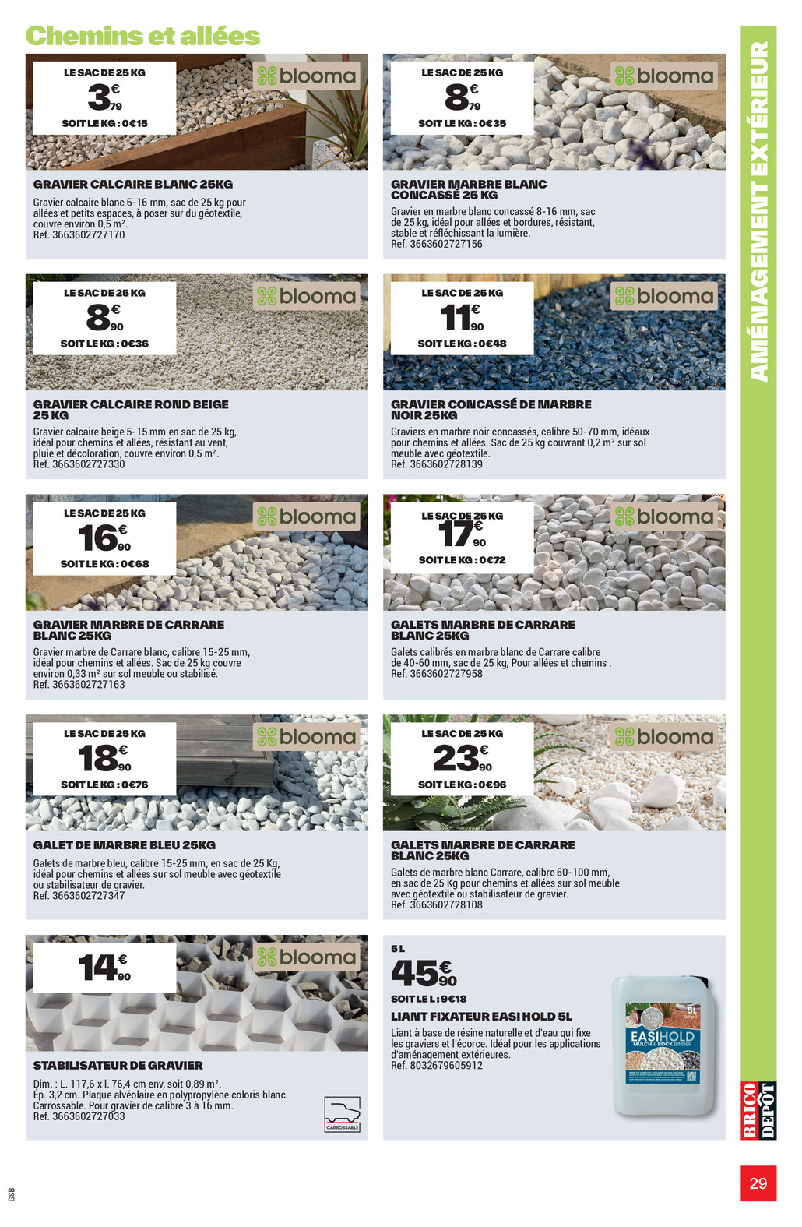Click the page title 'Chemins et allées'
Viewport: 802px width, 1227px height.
tap(142, 36)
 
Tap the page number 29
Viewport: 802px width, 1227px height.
tap(758, 1183)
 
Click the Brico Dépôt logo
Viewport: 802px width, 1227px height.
tap(758, 1110)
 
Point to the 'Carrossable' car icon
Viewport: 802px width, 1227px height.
tap(343, 1114)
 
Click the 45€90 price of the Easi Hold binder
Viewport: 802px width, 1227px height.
tap(424, 973)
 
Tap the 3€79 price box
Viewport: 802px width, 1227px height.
tap(104, 99)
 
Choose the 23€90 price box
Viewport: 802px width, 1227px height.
tap(462, 760)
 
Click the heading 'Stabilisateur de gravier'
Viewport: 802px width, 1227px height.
tap(118, 1065)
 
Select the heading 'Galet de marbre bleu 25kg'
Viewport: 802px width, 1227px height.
tap(124, 845)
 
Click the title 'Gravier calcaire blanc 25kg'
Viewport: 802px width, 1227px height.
tap(132, 185)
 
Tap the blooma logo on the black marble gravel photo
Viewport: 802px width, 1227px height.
tap(664, 297)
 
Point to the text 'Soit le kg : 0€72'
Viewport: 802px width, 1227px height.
tap(462, 560)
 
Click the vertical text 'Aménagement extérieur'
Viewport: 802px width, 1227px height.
tap(758, 210)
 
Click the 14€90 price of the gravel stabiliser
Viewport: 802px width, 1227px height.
tap(104, 968)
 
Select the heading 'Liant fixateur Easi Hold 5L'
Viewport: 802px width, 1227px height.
tap(481, 1017)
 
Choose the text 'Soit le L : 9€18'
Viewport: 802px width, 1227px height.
tap(428, 999)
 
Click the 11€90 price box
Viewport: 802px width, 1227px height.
tap(462, 318)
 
